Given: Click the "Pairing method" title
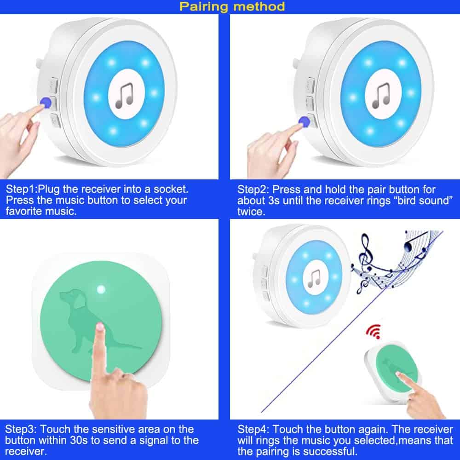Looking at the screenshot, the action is click(x=232, y=6).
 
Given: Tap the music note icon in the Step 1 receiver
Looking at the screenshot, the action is click(x=124, y=95).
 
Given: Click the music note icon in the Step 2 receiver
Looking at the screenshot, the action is click(x=381, y=95).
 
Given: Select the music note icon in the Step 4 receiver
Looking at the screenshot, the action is click(x=314, y=278).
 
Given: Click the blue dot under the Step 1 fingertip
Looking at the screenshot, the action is click(x=46, y=103).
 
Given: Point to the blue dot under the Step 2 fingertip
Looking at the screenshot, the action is click(x=304, y=121).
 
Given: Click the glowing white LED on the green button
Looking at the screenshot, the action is click(x=101, y=289).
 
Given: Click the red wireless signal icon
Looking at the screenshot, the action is click(x=374, y=331).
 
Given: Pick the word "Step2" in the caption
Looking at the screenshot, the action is click(x=252, y=190).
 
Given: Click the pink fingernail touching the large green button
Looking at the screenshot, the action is click(x=100, y=326).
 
